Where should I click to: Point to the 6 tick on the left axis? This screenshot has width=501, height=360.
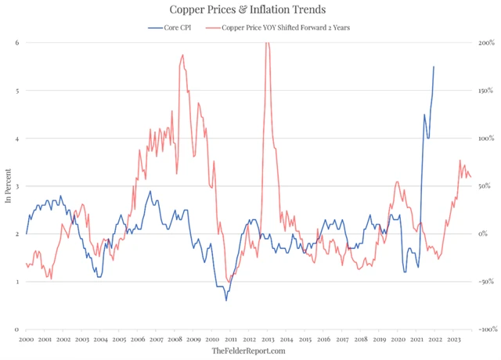pyautogui.click(x=16, y=42)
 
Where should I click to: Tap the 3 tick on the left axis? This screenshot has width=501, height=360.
pyautogui.click(x=16, y=186)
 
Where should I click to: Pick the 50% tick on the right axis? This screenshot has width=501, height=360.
pyautogui.click(x=485, y=186)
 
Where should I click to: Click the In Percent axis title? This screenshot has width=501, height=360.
pyautogui.click(x=8, y=186)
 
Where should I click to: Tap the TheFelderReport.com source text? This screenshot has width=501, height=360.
pyautogui.click(x=249, y=351)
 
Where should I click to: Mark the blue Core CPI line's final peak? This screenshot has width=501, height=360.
pyautogui.click(x=434, y=67)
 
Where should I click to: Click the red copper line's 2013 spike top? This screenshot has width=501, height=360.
pyautogui.click(x=268, y=44)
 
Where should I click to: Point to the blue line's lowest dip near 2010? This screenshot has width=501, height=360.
pyautogui.click(x=226, y=300)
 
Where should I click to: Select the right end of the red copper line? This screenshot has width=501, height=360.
pyautogui.click(x=470, y=177)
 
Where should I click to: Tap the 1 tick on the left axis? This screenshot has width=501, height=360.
pyautogui.click(x=16, y=282)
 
